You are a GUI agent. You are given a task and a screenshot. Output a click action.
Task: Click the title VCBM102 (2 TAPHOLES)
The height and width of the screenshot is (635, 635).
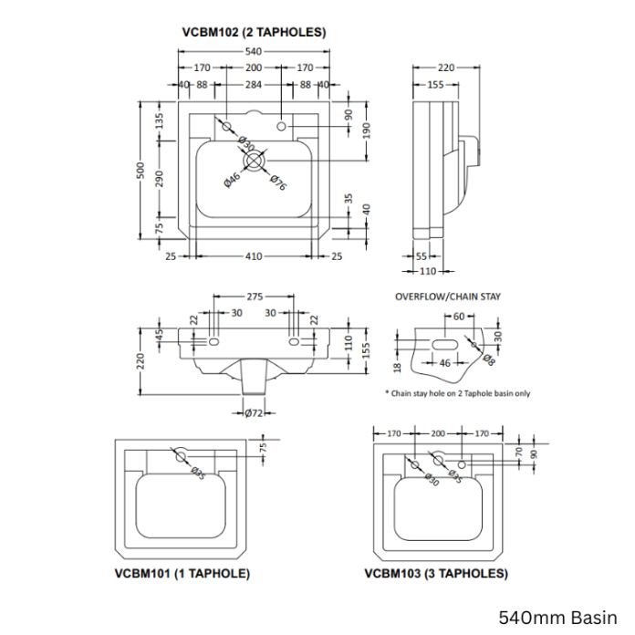click(x=255, y=32)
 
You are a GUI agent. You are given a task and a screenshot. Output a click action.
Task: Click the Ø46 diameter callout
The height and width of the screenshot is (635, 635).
click(x=232, y=180)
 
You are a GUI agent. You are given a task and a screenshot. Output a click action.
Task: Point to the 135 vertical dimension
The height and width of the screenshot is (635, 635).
click(x=159, y=120)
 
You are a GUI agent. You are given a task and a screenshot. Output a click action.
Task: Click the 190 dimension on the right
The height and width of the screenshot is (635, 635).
click(x=367, y=130)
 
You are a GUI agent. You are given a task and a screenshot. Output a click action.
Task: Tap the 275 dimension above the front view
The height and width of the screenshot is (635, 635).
click(x=255, y=297)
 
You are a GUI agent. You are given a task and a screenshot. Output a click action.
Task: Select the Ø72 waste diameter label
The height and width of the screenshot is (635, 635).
click(x=255, y=413)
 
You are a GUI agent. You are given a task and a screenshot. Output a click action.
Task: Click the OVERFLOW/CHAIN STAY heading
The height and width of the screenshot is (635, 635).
click(x=447, y=297)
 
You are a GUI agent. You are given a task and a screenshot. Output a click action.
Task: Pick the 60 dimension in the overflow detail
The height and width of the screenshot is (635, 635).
click(x=459, y=317)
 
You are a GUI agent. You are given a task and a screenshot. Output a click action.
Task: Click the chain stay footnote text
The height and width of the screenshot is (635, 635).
click(x=457, y=393)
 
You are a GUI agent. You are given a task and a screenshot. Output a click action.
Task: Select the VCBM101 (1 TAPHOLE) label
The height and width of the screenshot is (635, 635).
click(x=182, y=574)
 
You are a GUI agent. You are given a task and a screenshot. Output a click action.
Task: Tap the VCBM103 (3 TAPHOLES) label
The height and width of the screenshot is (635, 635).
click(x=435, y=574)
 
